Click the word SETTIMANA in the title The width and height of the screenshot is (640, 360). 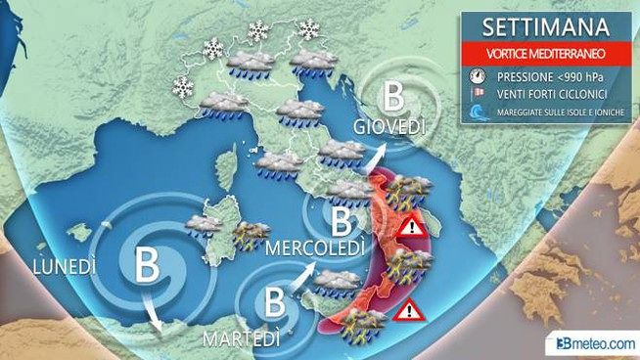(x=536, y=22)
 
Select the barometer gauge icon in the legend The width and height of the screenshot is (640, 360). (x=477, y=74)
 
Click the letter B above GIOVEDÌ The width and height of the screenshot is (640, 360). (x=393, y=97)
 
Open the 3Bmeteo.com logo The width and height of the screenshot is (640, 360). (x=594, y=342)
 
